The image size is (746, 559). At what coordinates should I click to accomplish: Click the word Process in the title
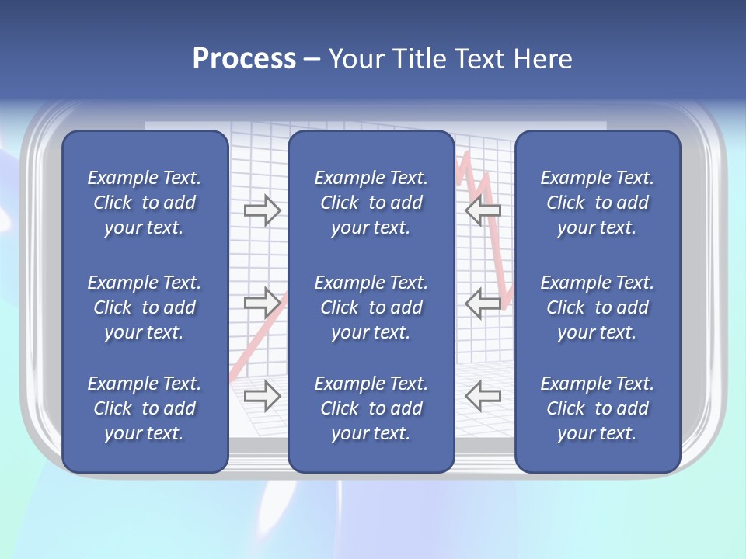[x=244, y=59]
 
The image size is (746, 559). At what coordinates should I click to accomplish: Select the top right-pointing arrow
[x=263, y=210]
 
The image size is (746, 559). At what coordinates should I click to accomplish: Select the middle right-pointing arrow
[x=263, y=301]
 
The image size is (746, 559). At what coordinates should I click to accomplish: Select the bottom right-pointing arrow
[x=263, y=396]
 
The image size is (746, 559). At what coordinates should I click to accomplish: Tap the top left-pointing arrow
[x=483, y=210]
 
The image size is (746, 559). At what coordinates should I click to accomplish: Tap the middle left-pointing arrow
[x=483, y=303]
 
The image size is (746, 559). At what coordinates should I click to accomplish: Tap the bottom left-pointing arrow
[x=483, y=396]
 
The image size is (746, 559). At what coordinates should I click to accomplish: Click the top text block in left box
[x=145, y=203]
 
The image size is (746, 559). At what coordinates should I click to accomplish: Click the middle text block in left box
[x=145, y=307]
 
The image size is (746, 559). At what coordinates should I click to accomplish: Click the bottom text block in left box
[x=145, y=408]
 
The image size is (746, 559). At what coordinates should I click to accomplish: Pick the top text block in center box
[x=371, y=203]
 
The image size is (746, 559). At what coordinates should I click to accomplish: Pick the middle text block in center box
[x=371, y=307]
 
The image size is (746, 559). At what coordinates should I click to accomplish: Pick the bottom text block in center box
[x=371, y=408]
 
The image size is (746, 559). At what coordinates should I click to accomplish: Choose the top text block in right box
[x=597, y=203]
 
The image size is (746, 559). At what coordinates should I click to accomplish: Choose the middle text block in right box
[x=597, y=307]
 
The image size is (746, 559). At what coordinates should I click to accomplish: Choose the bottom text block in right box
[x=597, y=408]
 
